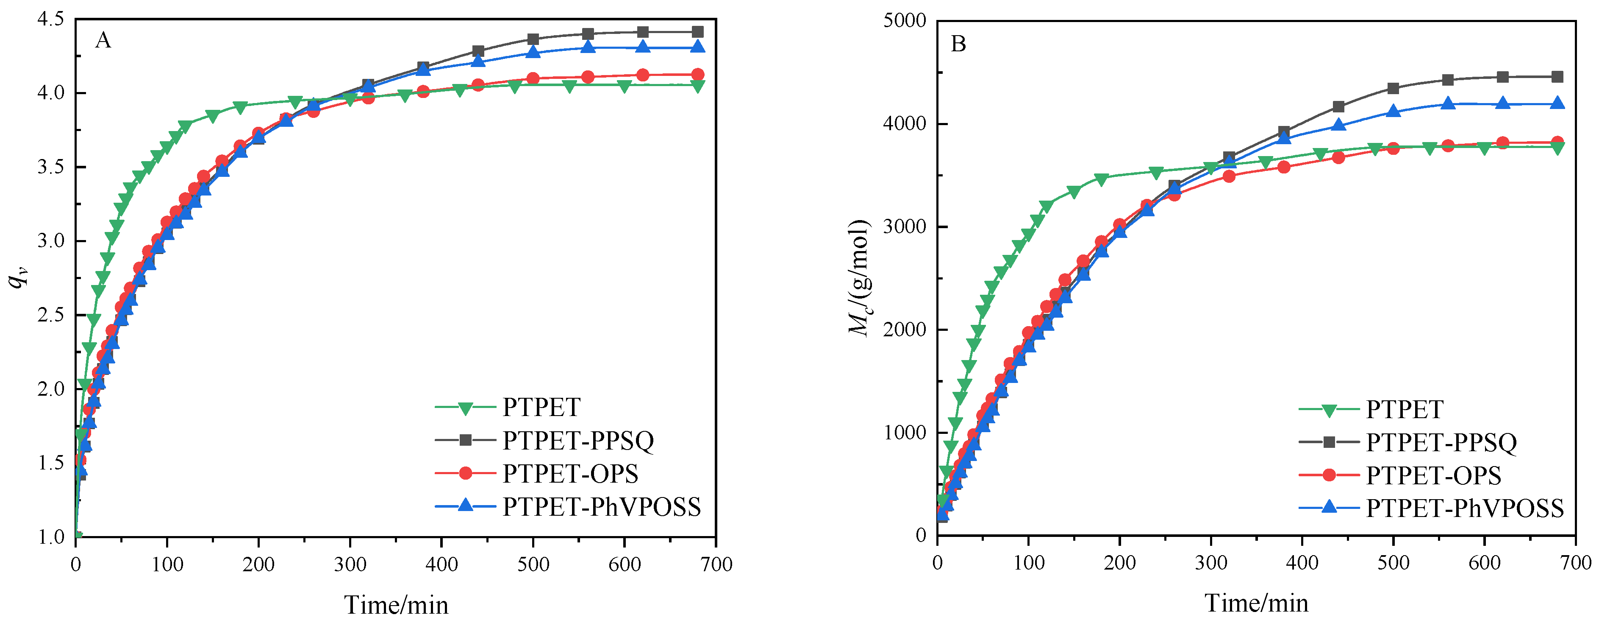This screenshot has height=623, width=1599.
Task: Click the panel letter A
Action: coord(103,41)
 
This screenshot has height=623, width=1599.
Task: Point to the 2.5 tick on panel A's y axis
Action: coord(51,315)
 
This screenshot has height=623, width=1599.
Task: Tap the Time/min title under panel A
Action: coord(396,604)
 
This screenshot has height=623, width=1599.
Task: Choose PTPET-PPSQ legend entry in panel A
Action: coord(578,440)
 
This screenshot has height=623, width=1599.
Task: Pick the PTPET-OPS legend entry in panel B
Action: coord(1433,475)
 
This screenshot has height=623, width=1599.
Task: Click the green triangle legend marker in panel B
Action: coord(1329,409)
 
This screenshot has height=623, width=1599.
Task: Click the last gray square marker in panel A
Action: coord(698,32)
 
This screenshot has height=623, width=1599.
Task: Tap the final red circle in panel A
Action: coord(698,75)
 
